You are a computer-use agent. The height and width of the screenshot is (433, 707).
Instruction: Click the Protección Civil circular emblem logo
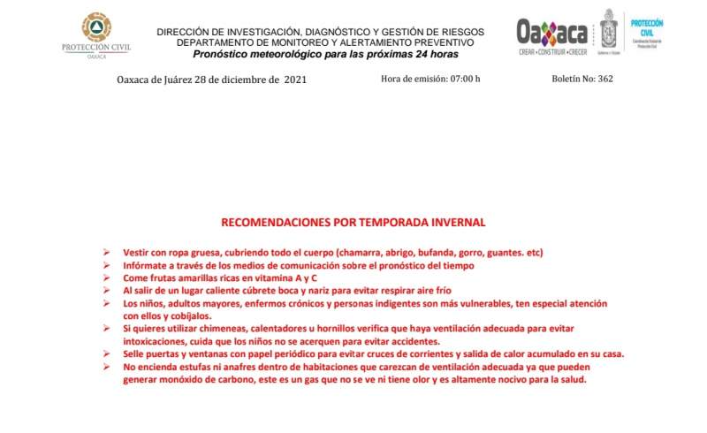[x=96, y=27]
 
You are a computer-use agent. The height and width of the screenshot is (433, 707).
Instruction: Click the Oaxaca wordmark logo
[x=552, y=34]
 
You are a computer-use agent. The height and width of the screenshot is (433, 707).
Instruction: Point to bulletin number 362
[x=605, y=80]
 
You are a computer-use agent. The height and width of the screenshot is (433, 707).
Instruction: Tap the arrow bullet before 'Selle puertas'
[x=107, y=354]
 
